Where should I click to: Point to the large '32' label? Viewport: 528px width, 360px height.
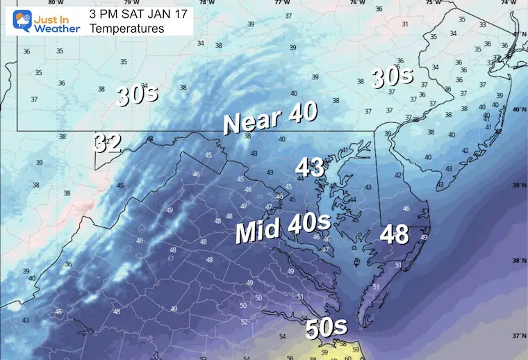click(x=108, y=143)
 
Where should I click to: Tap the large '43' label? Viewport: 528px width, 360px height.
click(x=311, y=167)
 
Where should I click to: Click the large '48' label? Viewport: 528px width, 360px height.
click(x=394, y=234)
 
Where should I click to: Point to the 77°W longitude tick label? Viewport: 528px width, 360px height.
click(x=281, y=3)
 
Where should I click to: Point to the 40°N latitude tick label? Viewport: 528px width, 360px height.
click(x=517, y=109)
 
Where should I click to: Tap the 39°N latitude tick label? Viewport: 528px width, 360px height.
click(x=517, y=186)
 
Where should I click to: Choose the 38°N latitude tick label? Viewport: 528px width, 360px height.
click(x=517, y=261)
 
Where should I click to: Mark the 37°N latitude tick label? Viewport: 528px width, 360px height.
click(x=517, y=336)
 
